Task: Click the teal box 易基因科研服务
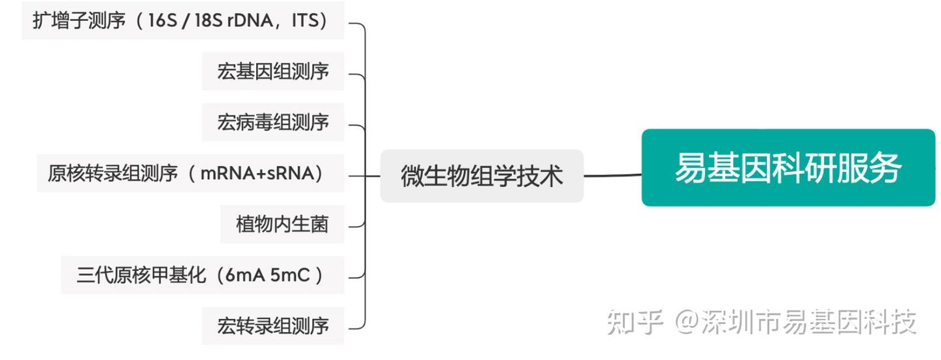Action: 788,168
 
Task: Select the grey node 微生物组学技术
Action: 482,176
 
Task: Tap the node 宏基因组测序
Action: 273,71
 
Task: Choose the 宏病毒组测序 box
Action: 273,122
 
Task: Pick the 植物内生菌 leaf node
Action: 282,224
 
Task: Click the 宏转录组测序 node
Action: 273,325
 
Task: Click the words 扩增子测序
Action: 78,20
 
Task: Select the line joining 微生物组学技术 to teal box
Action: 612,175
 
